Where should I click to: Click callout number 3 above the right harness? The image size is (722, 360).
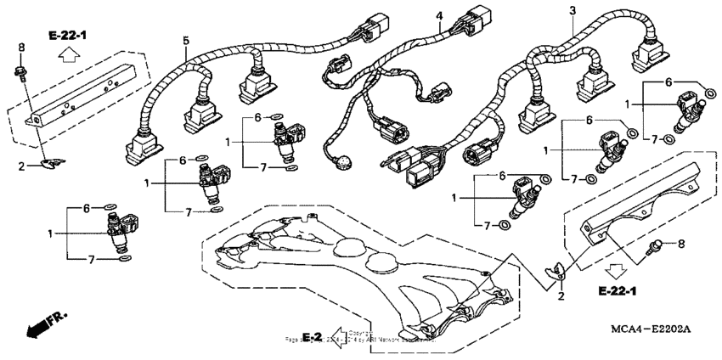point(573,9)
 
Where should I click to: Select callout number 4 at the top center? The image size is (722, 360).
point(439,16)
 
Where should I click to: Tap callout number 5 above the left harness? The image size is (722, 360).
point(185,40)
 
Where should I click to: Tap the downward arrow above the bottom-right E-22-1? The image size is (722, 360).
point(615,271)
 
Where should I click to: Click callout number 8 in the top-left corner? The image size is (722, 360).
point(21,46)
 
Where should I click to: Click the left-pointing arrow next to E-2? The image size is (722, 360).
point(339,337)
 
